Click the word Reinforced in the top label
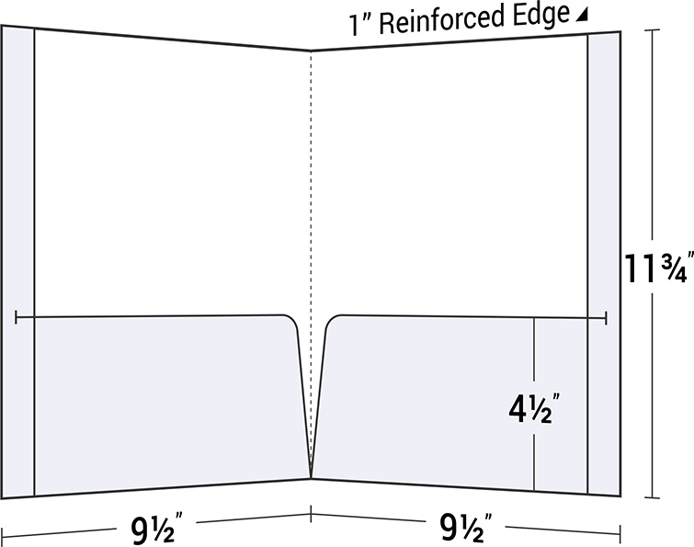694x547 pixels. (x=442, y=19)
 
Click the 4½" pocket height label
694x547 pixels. (x=533, y=408)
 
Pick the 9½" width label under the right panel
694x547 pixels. (x=465, y=527)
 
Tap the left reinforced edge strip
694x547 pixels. (x=17, y=262)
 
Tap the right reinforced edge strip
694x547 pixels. (x=604, y=263)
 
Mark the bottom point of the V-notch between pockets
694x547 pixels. (x=311, y=477)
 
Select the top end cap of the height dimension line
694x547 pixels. (x=652, y=29)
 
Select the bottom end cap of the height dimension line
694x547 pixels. (x=652, y=498)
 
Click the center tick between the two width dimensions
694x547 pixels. (x=311, y=513)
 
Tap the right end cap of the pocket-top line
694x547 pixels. (x=606, y=318)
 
